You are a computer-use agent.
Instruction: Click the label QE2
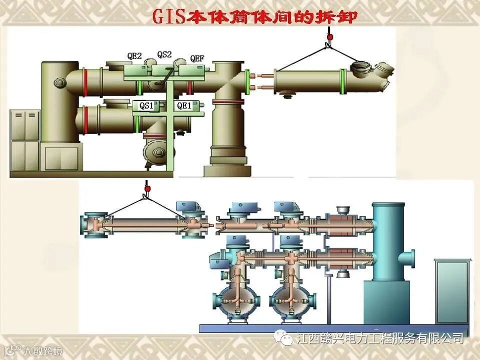click(134, 56)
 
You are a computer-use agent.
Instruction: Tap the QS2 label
click(164, 54)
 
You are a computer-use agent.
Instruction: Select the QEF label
click(197, 58)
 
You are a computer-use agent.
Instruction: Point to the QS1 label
click(146, 105)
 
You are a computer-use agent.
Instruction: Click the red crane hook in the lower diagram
click(147, 189)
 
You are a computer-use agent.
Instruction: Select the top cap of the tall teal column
click(388, 205)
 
